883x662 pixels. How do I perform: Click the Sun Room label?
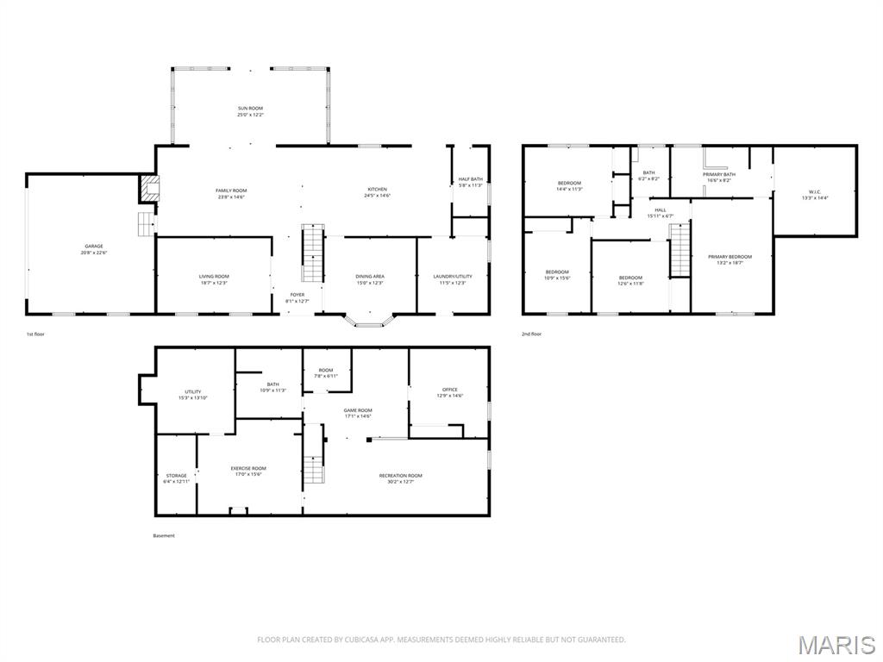[x=250, y=109]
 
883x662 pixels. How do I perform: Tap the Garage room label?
[x=93, y=247]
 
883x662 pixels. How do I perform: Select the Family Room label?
[x=230, y=190]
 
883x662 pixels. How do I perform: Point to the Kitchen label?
[x=377, y=190]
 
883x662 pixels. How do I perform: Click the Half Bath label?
[x=470, y=179]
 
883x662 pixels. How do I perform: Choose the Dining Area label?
[x=370, y=277]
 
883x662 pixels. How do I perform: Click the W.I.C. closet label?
[x=815, y=192]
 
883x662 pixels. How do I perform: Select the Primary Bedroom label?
[x=730, y=257]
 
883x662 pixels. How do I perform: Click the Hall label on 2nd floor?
[x=661, y=210]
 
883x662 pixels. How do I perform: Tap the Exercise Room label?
[x=247, y=469]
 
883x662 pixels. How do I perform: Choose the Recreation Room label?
[x=401, y=476]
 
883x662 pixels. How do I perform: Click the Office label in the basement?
[x=449, y=390]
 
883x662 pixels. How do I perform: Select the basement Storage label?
[x=176, y=476]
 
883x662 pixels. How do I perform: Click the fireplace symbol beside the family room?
[x=150, y=190]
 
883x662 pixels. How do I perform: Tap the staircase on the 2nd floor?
[x=680, y=250]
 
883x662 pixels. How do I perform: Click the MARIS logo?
[x=836, y=645]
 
